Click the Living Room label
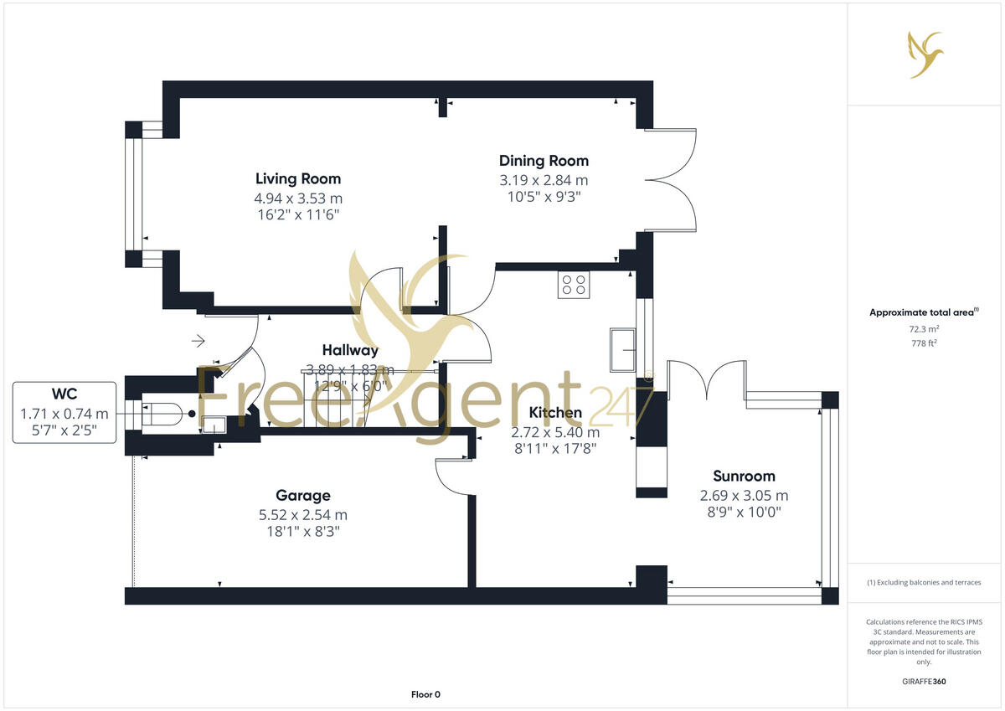click(298, 178)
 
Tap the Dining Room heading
click(544, 161)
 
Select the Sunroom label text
click(744, 476)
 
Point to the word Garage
click(303, 495)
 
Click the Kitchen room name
click(556, 413)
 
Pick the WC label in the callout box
click(64, 394)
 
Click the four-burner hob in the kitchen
click(574, 285)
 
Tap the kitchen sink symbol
click(624, 349)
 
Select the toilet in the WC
click(165, 413)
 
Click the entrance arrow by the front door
click(198, 341)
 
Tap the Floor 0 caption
click(425, 694)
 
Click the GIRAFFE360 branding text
click(924, 682)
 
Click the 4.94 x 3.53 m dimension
click(298, 198)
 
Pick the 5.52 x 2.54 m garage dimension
click(303, 515)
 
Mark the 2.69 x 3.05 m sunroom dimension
click(744, 496)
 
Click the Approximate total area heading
click(921, 312)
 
